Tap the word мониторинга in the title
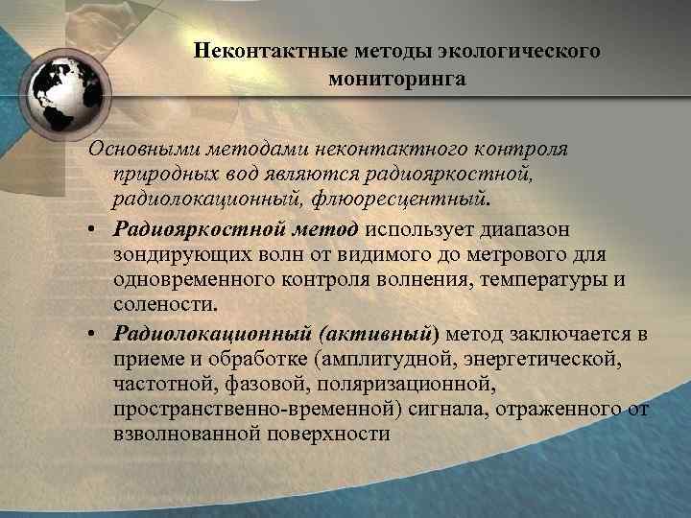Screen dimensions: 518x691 point(396,79)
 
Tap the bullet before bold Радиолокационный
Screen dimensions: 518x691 point(96,333)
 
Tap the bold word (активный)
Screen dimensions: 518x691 point(381,333)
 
